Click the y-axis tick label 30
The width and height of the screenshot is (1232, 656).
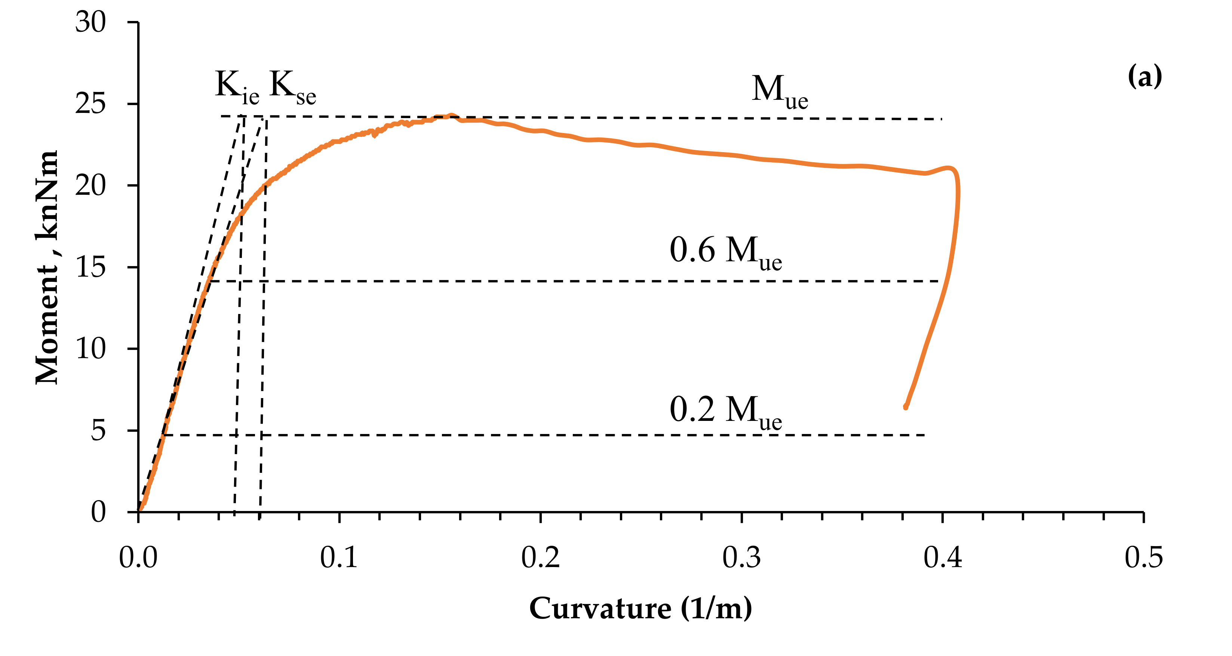(x=90, y=22)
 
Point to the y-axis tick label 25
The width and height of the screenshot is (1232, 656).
(x=90, y=104)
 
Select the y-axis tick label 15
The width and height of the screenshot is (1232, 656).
(x=90, y=267)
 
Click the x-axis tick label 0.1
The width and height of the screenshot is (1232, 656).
(x=339, y=557)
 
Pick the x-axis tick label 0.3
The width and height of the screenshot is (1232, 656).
(x=741, y=557)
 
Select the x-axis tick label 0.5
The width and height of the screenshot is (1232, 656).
(x=1143, y=557)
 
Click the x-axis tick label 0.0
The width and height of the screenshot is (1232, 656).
(x=138, y=557)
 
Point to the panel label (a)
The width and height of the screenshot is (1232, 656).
(x=1145, y=77)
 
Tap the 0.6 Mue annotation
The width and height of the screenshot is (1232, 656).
(x=725, y=252)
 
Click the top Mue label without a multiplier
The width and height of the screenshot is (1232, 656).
(x=780, y=91)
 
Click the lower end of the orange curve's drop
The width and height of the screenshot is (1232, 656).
(x=905, y=407)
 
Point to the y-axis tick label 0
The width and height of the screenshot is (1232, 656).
(x=98, y=512)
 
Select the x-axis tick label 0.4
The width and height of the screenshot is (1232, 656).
(x=943, y=557)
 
